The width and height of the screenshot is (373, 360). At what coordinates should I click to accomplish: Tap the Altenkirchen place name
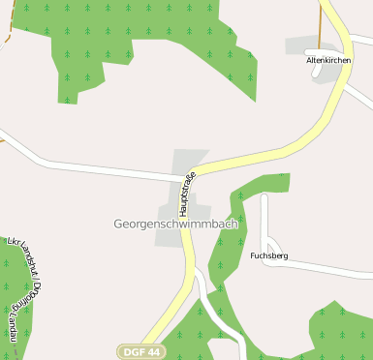tap(328, 60)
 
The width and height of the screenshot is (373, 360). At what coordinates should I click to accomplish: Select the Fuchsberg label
tap(268, 256)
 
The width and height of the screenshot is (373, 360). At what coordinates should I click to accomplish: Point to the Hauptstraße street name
tap(186, 194)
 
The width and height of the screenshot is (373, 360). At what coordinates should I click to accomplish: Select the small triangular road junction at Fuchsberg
tap(270, 242)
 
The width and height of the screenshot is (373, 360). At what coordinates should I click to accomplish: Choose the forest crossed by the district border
tap(12, 290)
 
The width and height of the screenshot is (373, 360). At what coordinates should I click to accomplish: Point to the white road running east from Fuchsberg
tap(329, 267)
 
